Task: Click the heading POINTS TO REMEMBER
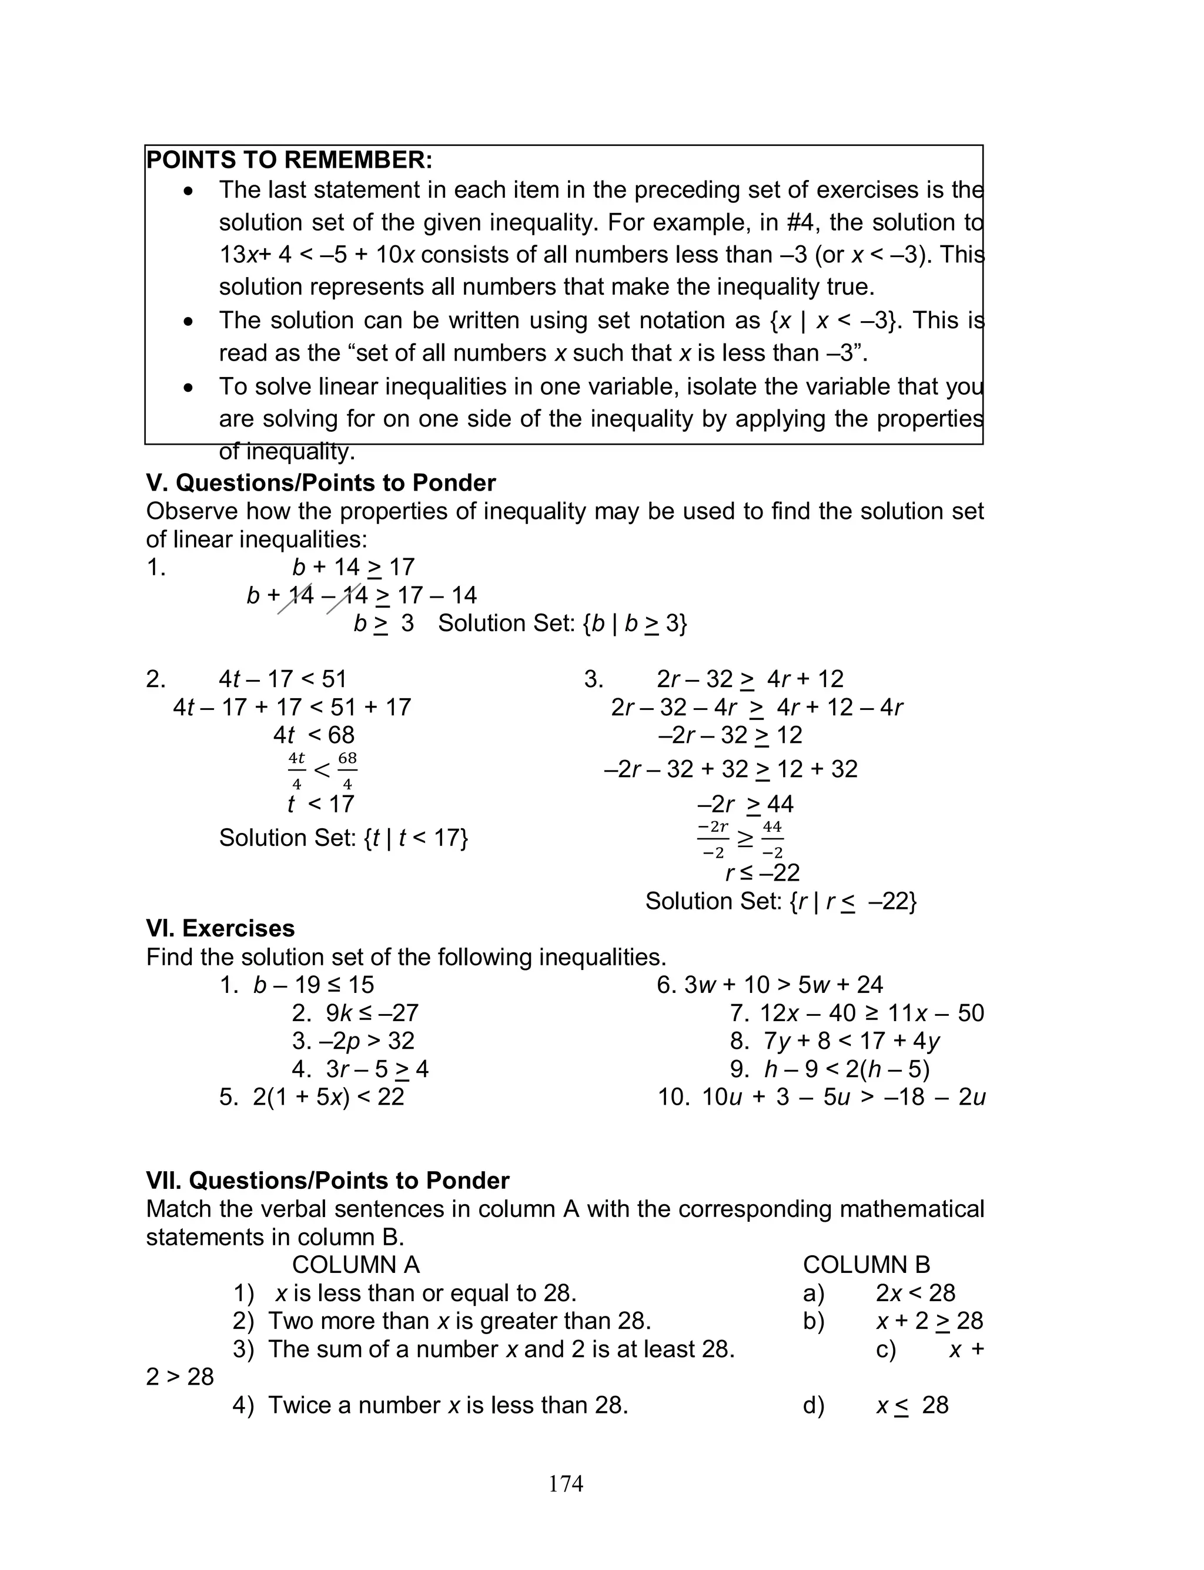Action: (x=289, y=160)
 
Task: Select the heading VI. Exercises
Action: (x=220, y=928)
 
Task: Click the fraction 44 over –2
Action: (x=772, y=839)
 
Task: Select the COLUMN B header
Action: (x=866, y=1265)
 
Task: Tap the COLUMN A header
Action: (x=356, y=1265)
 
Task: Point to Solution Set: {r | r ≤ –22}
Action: (x=781, y=901)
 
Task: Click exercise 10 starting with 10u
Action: (x=821, y=1097)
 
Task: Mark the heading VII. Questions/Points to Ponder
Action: (x=327, y=1181)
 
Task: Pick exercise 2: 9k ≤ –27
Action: (x=354, y=1013)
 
